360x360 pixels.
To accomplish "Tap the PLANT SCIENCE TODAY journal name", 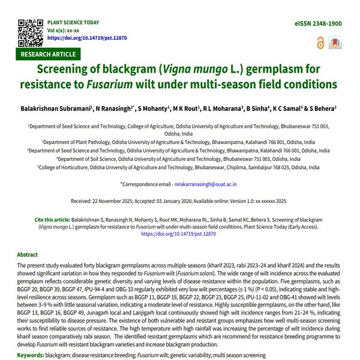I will [x=73, y=22].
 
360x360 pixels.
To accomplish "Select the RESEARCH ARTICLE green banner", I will [x=48, y=54].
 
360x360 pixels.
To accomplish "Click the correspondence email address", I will [x=206, y=184].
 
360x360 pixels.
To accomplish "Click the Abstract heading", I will [x=28, y=254].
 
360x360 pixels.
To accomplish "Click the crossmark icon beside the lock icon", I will [x=334, y=43].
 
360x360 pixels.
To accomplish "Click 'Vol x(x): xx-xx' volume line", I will [x=65, y=29].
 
